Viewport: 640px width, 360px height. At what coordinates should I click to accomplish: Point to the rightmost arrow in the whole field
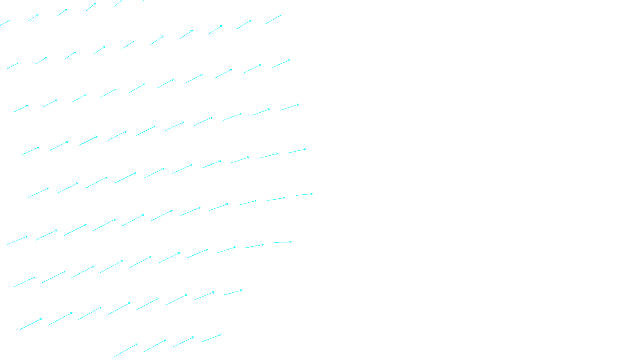click(x=304, y=194)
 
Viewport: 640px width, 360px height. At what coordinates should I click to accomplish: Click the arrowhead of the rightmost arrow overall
click(x=312, y=194)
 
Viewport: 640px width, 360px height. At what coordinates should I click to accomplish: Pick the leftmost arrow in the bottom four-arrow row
click(x=126, y=350)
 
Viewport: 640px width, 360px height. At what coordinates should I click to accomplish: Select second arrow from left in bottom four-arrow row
click(x=155, y=346)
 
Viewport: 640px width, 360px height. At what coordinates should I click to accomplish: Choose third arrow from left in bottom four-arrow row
click(x=184, y=342)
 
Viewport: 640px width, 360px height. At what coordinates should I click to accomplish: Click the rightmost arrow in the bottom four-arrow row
click(x=212, y=338)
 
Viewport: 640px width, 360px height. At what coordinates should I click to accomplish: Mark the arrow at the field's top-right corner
click(x=273, y=20)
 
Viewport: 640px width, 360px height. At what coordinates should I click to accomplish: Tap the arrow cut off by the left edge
click(x=5, y=23)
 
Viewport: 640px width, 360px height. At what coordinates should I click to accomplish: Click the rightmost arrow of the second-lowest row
click(x=233, y=293)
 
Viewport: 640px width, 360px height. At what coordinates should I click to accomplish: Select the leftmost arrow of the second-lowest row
click(x=31, y=324)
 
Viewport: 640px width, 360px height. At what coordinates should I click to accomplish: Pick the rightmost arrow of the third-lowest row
click(x=283, y=242)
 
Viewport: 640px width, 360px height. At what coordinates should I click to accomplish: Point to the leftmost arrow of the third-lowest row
click(x=24, y=282)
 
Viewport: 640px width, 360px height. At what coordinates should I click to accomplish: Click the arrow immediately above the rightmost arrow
click(x=297, y=151)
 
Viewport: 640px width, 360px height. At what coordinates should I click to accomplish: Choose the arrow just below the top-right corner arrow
click(x=281, y=64)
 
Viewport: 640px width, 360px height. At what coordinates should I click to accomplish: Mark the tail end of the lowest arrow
click(x=115, y=356)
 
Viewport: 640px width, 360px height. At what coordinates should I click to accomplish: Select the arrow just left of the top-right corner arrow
click(x=244, y=24)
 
